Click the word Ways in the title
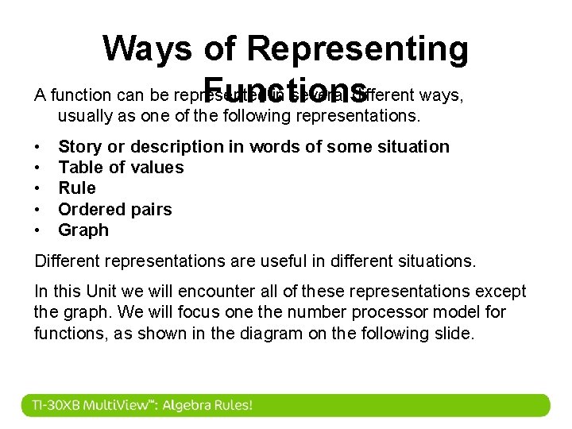147,48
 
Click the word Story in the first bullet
78,146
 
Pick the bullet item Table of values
121,167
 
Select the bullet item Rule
76,187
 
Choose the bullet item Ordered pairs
114,209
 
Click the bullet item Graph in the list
83,230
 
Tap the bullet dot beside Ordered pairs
38,210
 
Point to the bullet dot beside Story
38,147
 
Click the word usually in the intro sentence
83,116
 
